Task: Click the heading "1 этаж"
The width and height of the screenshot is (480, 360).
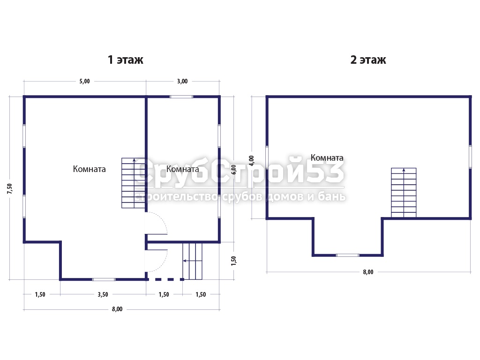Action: coord(126,60)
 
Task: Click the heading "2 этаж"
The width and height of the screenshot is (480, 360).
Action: coord(368,60)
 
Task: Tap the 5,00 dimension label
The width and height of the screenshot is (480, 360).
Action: coord(85,81)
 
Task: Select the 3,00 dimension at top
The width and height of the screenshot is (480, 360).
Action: coord(182,81)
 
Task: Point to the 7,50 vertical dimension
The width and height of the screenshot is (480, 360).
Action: coord(10,188)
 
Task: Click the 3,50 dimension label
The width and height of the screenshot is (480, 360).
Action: coord(103,294)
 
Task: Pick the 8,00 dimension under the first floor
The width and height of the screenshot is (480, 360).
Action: coord(117,309)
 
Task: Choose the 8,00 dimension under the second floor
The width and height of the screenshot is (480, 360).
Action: coord(368,272)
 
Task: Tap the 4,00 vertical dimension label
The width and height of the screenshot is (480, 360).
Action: coord(251,161)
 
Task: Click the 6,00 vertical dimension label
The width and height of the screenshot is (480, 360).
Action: coord(233,170)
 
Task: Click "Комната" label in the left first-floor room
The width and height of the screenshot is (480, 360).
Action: coord(90,169)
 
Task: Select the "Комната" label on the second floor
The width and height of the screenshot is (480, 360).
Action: coord(327,157)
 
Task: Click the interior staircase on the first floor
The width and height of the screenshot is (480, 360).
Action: coord(133,183)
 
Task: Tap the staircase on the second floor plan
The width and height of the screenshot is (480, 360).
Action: coord(404,193)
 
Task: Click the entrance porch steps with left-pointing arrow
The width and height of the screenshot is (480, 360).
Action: coord(193,261)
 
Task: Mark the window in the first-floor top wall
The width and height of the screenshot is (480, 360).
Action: coord(181,97)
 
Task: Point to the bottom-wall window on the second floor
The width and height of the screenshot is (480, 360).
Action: coord(347,255)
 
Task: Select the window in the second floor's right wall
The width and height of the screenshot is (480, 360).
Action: coord(471,157)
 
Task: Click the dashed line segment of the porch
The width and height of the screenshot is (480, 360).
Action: coord(165,279)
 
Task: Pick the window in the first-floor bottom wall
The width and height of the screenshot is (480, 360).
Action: coord(104,279)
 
